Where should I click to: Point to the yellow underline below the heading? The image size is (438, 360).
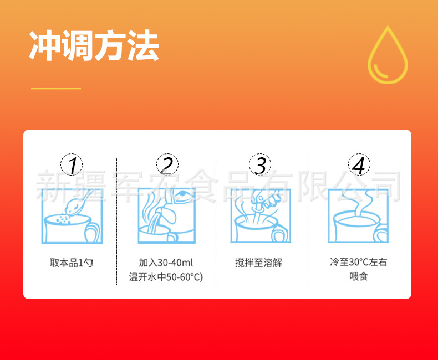tap(56, 88)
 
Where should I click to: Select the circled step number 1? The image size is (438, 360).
tap(72, 164)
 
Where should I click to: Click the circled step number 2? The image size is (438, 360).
tap(167, 164)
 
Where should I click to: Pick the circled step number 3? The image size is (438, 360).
tap(261, 164)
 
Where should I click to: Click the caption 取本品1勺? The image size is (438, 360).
tap(72, 263)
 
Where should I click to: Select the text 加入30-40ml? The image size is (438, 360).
tap(166, 263)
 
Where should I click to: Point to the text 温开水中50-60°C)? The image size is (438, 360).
tap(166, 277)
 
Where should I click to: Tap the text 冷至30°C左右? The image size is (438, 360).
tap(358, 262)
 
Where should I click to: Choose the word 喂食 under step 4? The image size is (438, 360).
tap(358, 276)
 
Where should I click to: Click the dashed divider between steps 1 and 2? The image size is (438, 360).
tap(117, 222)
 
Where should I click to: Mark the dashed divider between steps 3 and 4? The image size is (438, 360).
tap(309, 222)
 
